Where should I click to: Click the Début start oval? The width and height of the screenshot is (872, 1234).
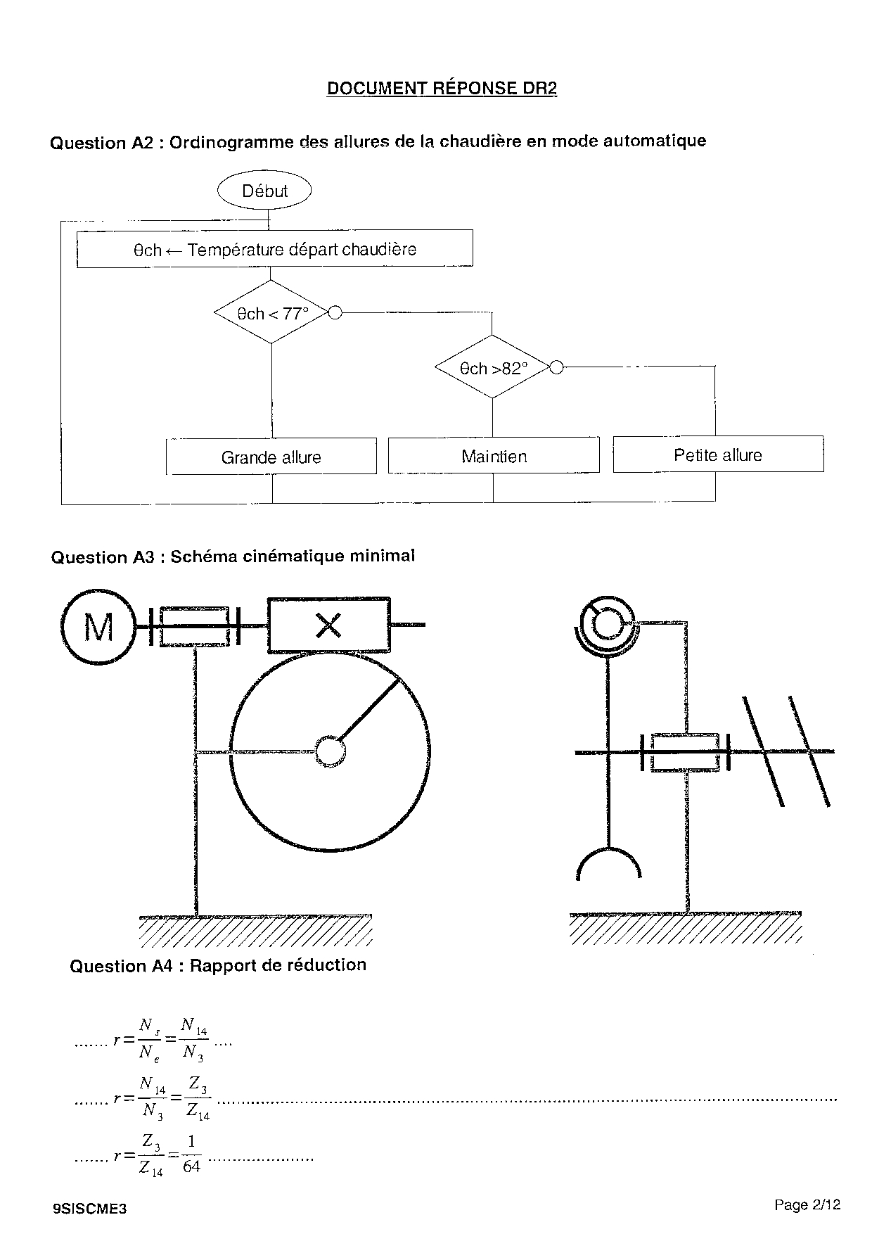[x=264, y=191]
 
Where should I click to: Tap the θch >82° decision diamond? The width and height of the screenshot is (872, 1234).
[x=492, y=368]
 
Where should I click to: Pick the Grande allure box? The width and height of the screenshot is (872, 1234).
[x=271, y=457]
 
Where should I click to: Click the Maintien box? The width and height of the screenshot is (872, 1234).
[x=494, y=456]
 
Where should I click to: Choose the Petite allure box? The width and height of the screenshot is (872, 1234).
[x=718, y=454]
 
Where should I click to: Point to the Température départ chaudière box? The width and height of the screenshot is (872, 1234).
[x=274, y=249]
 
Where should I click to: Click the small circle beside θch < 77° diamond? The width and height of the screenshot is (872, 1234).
[x=335, y=312]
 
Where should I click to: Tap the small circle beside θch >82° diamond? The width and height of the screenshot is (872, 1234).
[x=556, y=367]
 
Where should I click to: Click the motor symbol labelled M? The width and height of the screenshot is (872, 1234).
[x=98, y=626]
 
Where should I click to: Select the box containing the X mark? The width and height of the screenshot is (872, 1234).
[x=328, y=625]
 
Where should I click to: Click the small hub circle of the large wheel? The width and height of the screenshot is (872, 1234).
[x=328, y=751]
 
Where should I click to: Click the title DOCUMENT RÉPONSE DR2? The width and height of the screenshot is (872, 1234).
[x=442, y=89]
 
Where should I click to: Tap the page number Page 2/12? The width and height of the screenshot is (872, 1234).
[x=807, y=1204]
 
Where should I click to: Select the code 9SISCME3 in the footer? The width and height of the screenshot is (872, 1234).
[x=89, y=1209]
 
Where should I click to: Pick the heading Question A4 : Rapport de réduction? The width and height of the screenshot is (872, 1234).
[x=218, y=965]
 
